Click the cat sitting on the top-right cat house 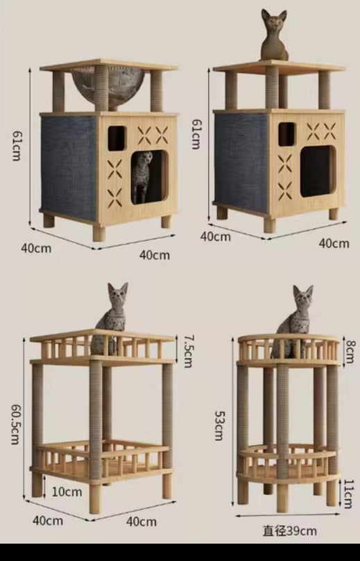click(x=274, y=36)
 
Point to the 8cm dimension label click(x=350, y=348)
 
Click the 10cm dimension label click(x=66, y=492)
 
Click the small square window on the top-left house click(x=117, y=138)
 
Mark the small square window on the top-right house click(x=286, y=134)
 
